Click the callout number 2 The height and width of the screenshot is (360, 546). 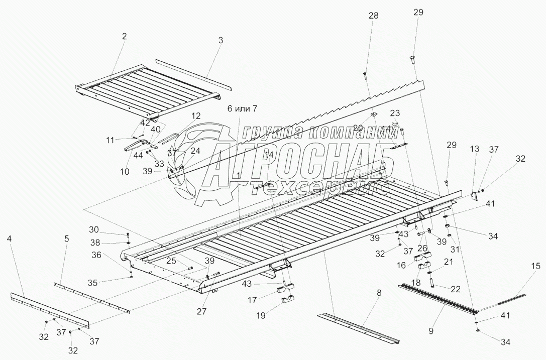pyautogui.click(x=124, y=36)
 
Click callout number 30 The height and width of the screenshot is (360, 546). pyautogui.click(x=108, y=230)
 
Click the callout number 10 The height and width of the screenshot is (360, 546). pyautogui.click(x=125, y=172)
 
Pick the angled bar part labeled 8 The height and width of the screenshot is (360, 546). pyautogui.click(x=359, y=326)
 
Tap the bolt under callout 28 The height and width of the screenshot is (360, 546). pyautogui.click(x=364, y=76)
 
